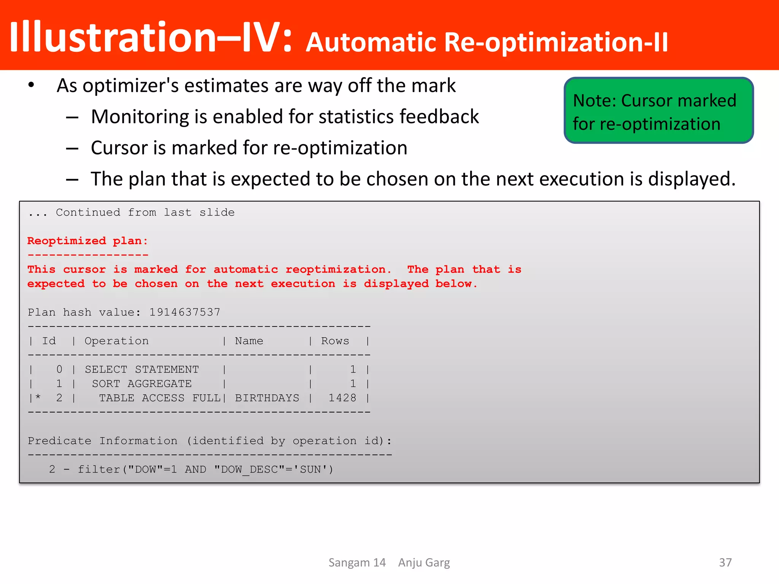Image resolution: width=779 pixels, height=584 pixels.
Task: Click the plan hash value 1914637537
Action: point(184,312)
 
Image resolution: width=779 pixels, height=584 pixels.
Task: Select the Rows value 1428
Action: point(342,398)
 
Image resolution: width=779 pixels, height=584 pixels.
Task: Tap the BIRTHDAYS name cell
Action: point(267,398)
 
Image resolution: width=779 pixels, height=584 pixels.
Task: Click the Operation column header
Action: point(116,341)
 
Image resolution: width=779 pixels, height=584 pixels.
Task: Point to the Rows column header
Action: point(335,341)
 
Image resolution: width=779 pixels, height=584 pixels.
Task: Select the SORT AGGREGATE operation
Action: point(141,384)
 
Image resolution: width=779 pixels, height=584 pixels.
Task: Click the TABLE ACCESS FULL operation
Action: point(160,398)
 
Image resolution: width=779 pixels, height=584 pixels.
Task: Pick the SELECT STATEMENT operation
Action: point(141,369)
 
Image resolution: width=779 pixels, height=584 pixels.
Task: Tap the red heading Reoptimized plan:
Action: point(87,241)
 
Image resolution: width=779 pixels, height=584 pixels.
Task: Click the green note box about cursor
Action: point(658,111)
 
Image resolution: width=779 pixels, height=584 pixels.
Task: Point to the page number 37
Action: point(725,562)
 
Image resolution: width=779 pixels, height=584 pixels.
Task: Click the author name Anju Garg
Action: point(424,562)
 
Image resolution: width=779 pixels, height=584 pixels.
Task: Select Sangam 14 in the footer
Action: point(357,562)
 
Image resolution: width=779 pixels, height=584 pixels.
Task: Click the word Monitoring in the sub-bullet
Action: point(140,117)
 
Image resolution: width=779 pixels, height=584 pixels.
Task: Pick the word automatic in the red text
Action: point(246,269)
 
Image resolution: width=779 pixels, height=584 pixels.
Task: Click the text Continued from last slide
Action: point(145,212)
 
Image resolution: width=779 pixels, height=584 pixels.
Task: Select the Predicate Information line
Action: point(209,441)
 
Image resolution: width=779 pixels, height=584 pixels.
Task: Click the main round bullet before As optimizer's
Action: point(31,85)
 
